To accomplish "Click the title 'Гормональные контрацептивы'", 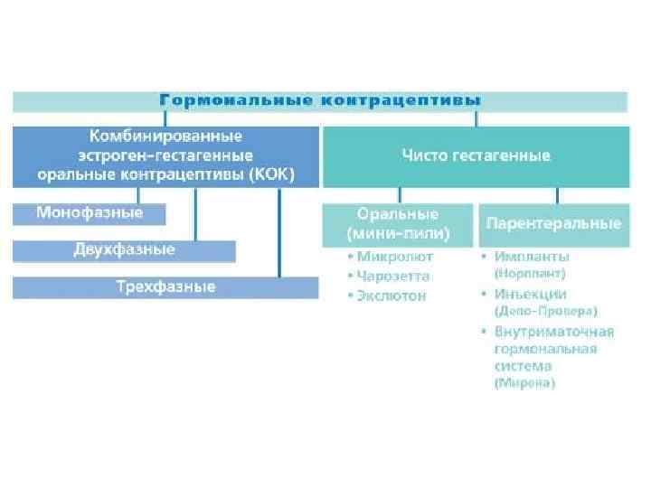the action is (320, 99).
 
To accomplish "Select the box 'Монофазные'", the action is (90, 213).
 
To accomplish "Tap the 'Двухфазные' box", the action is (124, 249).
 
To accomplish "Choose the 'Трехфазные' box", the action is (165, 286).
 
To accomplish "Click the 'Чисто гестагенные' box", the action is (476, 155).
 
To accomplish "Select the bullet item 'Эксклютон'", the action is (391, 296).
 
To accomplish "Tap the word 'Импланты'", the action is (532, 256).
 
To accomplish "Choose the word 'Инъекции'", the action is (530, 294).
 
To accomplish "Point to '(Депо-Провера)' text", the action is (545, 310).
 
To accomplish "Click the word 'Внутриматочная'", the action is (554, 331).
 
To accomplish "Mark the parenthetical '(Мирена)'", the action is (524, 383).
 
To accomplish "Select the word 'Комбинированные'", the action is (165, 136).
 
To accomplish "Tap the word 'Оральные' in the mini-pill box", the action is (398, 215).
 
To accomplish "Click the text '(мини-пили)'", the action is (398, 233).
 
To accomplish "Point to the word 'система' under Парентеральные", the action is (523, 366).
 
